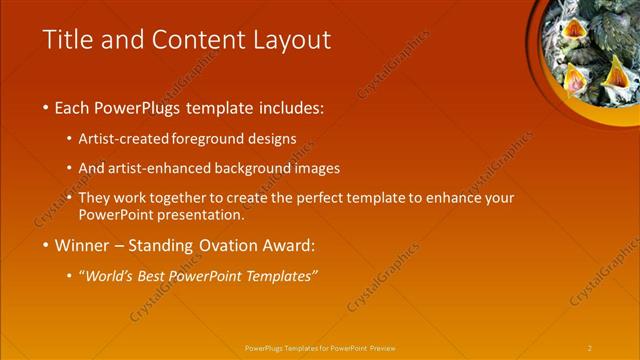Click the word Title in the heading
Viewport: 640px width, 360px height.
(x=67, y=40)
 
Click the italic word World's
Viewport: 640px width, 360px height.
(x=111, y=276)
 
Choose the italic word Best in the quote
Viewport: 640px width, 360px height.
(x=156, y=276)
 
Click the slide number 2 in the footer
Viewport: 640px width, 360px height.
(x=589, y=348)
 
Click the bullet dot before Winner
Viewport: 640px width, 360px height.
(x=46, y=246)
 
